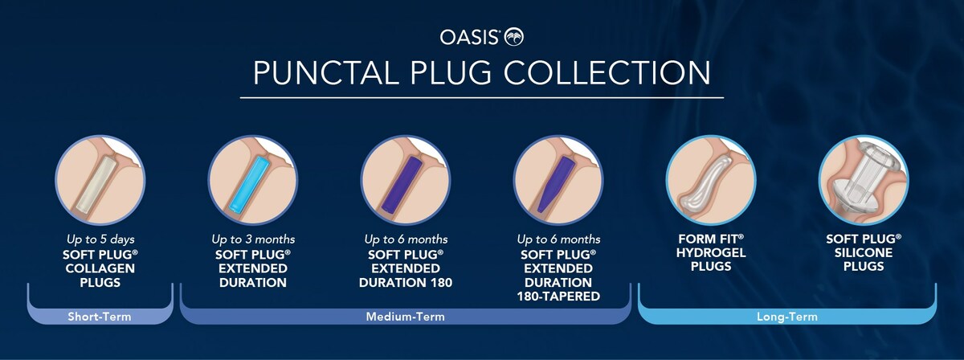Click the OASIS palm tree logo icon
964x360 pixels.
(514, 37)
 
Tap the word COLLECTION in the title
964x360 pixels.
(607, 73)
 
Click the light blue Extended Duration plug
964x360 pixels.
(250, 184)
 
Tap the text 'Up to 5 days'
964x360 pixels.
(100, 239)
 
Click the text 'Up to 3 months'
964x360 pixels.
(253, 239)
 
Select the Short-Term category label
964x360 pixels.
(100, 317)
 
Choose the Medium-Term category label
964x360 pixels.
(406, 317)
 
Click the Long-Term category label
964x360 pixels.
(787, 317)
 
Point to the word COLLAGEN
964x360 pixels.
(100, 268)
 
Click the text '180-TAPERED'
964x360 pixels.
(558, 297)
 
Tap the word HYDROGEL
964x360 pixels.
(711, 253)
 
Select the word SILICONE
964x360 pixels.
(864, 253)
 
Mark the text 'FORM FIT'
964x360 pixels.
(709, 239)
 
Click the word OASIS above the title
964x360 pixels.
(468, 38)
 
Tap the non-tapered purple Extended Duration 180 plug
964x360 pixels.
(401, 184)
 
